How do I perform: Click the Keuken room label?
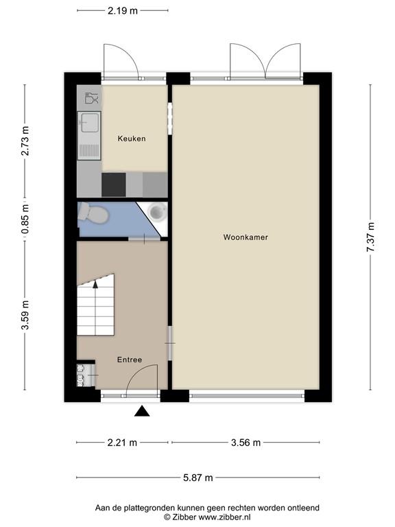click(132, 139)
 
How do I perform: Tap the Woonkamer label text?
click(245, 237)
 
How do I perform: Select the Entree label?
click(130, 360)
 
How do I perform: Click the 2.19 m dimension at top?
click(123, 11)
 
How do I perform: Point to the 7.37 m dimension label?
click(370, 237)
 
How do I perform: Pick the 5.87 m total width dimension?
click(197, 478)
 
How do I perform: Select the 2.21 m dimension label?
click(122, 443)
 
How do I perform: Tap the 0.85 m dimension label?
click(25, 220)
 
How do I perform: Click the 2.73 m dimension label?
click(25, 141)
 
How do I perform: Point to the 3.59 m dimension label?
click(25, 315)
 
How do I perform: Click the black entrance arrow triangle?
click(142, 411)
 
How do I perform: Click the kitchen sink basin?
click(88, 124)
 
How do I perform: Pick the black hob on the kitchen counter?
click(113, 184)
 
